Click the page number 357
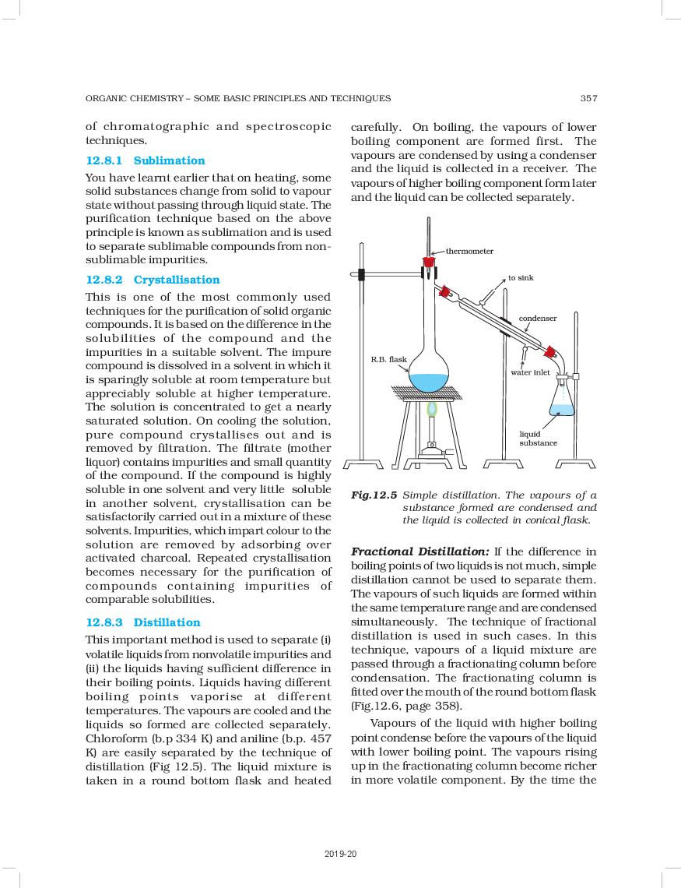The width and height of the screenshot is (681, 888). pos(588,98)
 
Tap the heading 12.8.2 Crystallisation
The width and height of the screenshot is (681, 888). pos(153,280)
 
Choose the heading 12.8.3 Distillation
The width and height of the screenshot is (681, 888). pos(143,622)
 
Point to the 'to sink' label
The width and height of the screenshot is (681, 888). pos(521,278)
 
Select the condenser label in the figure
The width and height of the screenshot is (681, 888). pos(538,319)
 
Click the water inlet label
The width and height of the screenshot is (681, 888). pos(530,372)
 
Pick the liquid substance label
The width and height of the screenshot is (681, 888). pos(538,438)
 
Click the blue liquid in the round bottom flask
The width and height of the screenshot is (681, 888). pos(429,382)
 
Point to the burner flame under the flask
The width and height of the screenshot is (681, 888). pos(430,409)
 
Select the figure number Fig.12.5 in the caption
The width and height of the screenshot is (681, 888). pos(374,495)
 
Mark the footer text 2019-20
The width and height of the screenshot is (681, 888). pos(340,855)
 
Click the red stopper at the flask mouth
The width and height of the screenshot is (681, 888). pos(429,263)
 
